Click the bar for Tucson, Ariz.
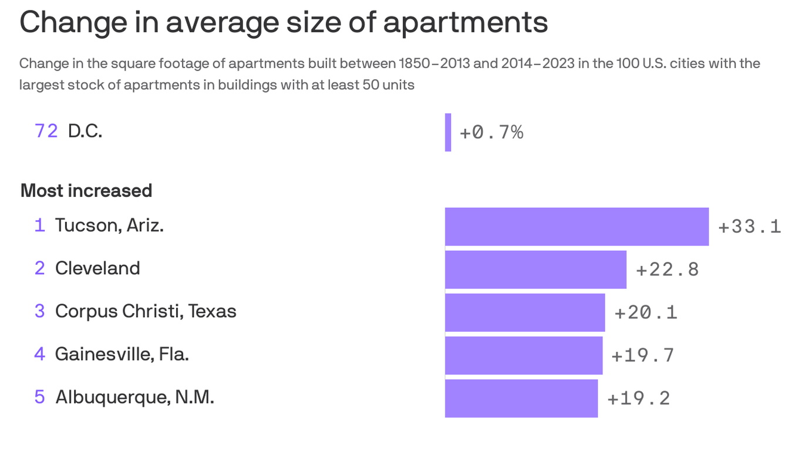(x=577, y=226)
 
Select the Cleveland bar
(x=535, y=269)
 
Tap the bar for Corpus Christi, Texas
(x=524, y=312)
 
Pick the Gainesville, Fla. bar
(x=523, y=355)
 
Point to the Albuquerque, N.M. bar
(x=521, y=398)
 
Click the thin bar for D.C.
(x=448, y=132)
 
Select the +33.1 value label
(x=749, y=227)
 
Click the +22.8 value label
(x=668, y=270)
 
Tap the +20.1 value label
(x=646, y=312)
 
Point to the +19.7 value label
(x=643, y=355)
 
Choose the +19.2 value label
(x=639, y=399)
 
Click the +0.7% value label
(x=491, y=133)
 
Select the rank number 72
(x=46, y=131)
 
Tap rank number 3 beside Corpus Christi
(x=39, y=311)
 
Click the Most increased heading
(x=86, y=191)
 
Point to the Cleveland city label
(x=97, y=268)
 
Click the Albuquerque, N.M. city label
(x=134, y=398)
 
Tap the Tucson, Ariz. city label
(x=109, y=225)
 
